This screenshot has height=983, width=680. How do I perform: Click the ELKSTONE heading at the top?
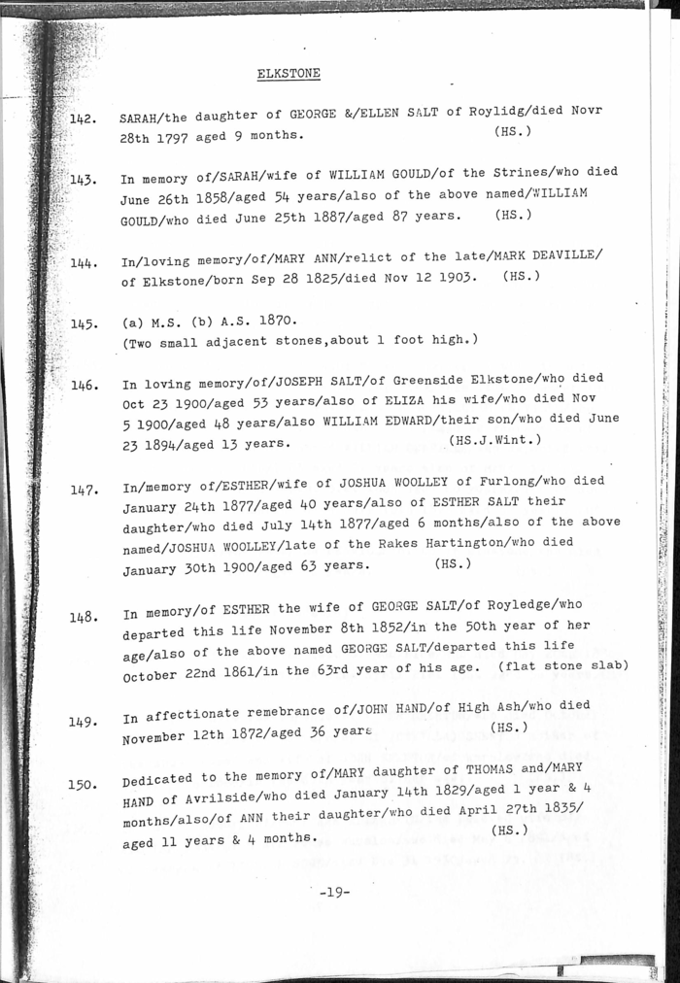tap(289, 74)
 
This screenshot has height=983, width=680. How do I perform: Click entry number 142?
tap(84, 119)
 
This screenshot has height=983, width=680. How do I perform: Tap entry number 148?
tap(85, 617)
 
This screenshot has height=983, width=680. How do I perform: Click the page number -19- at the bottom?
tap(334, 892)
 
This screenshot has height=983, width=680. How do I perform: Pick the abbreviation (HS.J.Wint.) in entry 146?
tap(495, 440)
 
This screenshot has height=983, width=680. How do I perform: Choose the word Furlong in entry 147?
tap(498, 481)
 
